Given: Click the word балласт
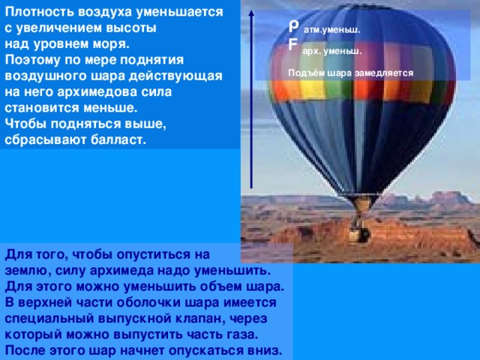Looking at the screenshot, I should pos(117,140).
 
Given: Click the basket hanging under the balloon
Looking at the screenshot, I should pos(360,233).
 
